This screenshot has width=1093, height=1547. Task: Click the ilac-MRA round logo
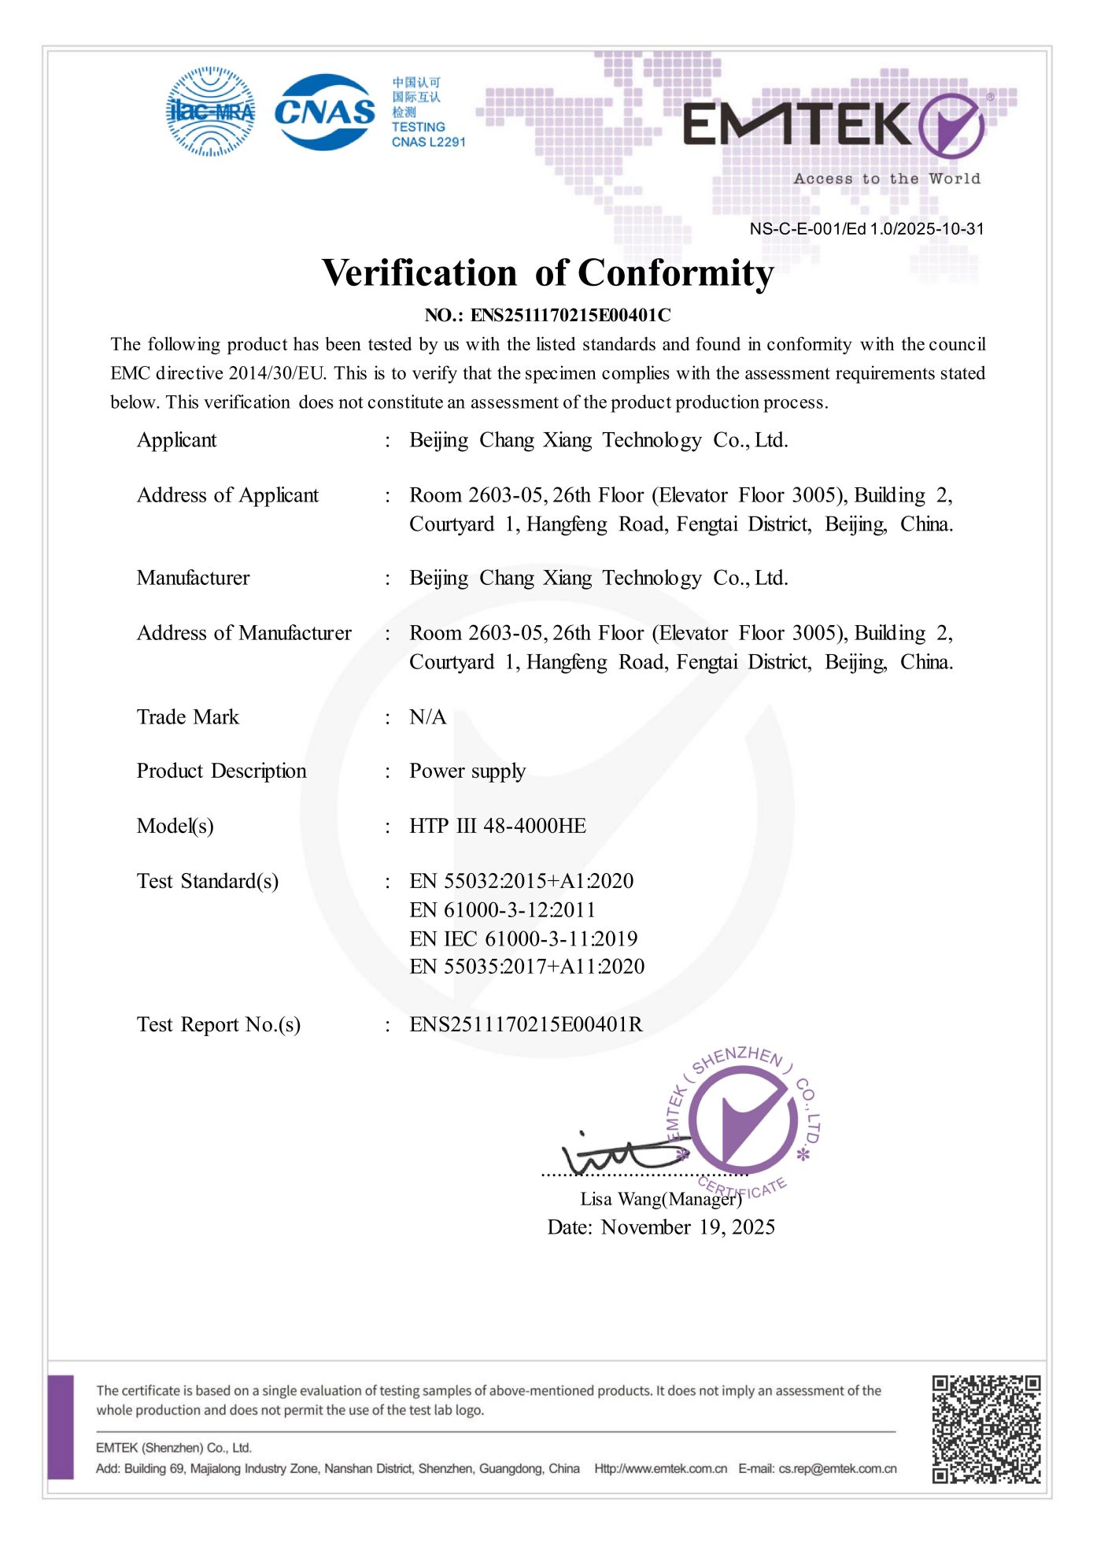(x=210, y=112)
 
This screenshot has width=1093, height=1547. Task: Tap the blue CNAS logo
(x=324, y=112)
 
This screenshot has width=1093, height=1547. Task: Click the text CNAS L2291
(x=428, y=142)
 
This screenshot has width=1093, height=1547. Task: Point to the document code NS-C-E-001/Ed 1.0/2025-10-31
(x=866, y=229)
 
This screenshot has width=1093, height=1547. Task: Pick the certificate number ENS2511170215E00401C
(x=570, y=316)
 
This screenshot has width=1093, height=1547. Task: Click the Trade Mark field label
(x=187, y=717)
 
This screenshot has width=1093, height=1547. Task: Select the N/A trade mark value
(x=427, y=717)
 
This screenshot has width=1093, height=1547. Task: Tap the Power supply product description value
(x=467, y=772)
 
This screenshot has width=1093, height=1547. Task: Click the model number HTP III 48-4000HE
(x=497, y=826)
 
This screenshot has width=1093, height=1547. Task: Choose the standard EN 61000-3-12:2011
(x=502, y=910)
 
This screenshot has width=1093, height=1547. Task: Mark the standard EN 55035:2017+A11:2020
(x=526, y=967)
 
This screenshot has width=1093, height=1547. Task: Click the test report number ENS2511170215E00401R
(x=526, y=1024)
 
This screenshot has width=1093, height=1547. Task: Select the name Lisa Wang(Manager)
(x=660, y=1199)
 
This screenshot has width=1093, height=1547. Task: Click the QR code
(x=986, y=1429)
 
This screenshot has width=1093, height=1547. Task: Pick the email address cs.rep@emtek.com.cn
(x=837, y=1468)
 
